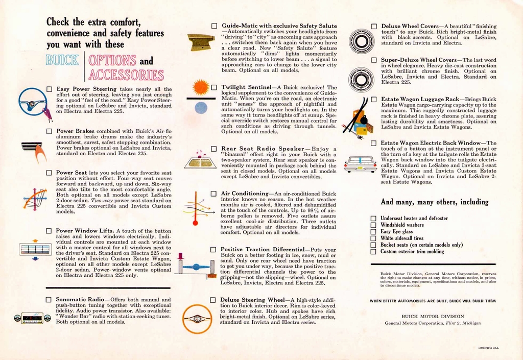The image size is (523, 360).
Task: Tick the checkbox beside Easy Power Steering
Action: pyautogui.click(x=49, y=89)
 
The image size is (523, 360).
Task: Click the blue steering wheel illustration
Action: pyautogui.click(x=33, y=102)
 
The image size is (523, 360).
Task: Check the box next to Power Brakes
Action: pyautogui.click(x=49, y=131)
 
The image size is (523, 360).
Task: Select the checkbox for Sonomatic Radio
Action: pyautogui.click(x=49, y=300)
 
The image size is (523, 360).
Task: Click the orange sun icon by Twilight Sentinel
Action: pyautogui.click(x=200, y=87)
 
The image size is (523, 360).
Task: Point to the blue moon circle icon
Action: pyautogui.click(x=201, y=108)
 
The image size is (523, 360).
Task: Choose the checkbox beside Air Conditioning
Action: pyautogui.click(x=214, y=194)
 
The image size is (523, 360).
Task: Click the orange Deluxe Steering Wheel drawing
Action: pyautogui.click(x=197, y=319)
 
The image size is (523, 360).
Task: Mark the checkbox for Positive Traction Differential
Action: pyautogui.click(x=214, y=250)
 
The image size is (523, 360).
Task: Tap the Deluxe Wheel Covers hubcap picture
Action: pyautogui.click(x=362, y=41)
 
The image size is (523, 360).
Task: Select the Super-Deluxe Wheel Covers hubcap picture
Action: pyautogui.click(x=362, y=79)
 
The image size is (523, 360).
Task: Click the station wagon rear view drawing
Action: pyautogui.click(x=360, y=164)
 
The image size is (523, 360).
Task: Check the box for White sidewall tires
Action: pyautogui.click(x=373, y=238)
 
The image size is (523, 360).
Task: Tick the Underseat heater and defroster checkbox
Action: pyautogui.click(x=373, y=219)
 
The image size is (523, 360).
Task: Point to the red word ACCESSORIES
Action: pyautogui.click(x=126, y=75)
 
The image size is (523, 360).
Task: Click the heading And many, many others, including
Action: pyautogui.click(x=435, y=202)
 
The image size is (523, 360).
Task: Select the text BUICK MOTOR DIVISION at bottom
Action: pyautogui.click(x=433, y=316)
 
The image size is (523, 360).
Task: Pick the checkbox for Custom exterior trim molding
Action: pyautogui.click(x=373, y=252)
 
